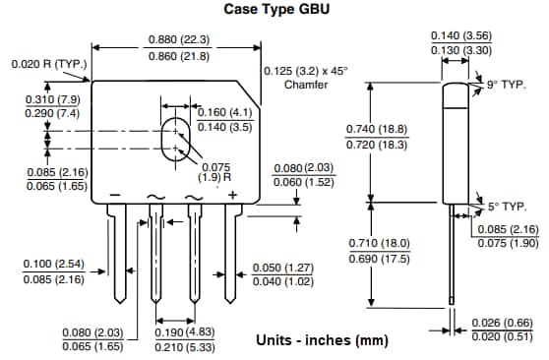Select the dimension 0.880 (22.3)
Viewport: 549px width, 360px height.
(x=178, y=39)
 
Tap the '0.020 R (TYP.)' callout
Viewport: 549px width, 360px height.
(x=49, y=64)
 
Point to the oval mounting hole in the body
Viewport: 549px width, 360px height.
(x=175, y=137)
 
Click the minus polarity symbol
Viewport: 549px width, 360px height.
(x=115, y=196)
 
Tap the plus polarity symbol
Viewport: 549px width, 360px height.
(x=232, y=196)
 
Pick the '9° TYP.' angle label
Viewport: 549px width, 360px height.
(x=507, y=86)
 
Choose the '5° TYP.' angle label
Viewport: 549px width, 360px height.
(x=507, y=208)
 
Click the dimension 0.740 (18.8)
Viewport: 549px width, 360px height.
(x=377, y=130)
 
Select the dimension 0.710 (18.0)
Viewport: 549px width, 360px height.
(x=377, y=243)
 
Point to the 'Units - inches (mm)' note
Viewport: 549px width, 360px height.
(x=322, y=340)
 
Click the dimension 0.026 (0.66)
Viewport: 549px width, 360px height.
(x=503, y=323)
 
